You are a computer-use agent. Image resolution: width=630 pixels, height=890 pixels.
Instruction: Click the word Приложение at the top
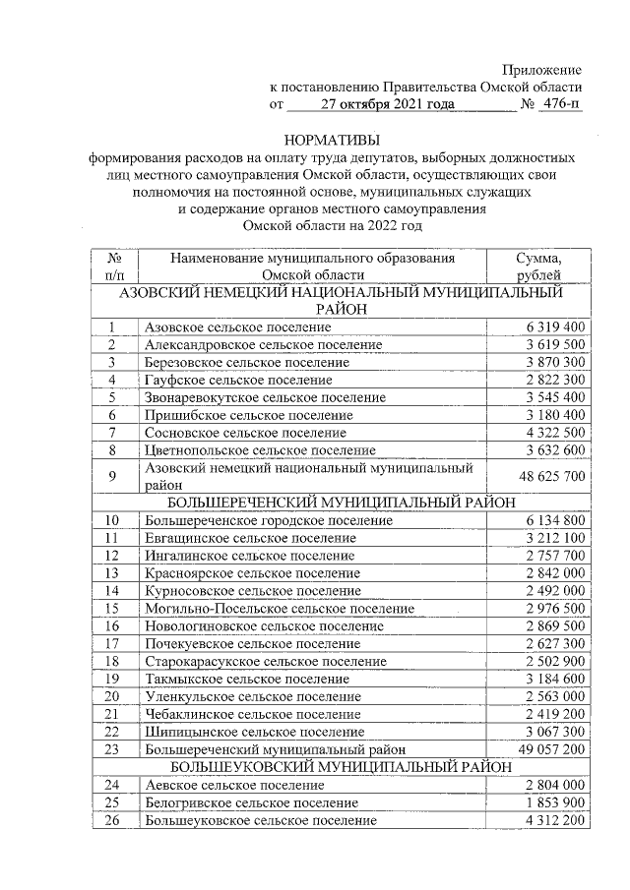coord(541,69)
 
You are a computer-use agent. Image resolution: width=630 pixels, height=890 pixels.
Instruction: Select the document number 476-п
coord(561,103)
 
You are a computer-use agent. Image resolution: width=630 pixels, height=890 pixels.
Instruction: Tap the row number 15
coord(113,608)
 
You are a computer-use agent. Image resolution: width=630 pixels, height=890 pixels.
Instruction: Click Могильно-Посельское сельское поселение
coord(265,608)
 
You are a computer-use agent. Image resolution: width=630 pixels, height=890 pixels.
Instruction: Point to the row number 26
coord(113,820)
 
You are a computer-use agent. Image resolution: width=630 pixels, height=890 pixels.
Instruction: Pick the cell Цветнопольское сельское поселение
coord(258,450)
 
